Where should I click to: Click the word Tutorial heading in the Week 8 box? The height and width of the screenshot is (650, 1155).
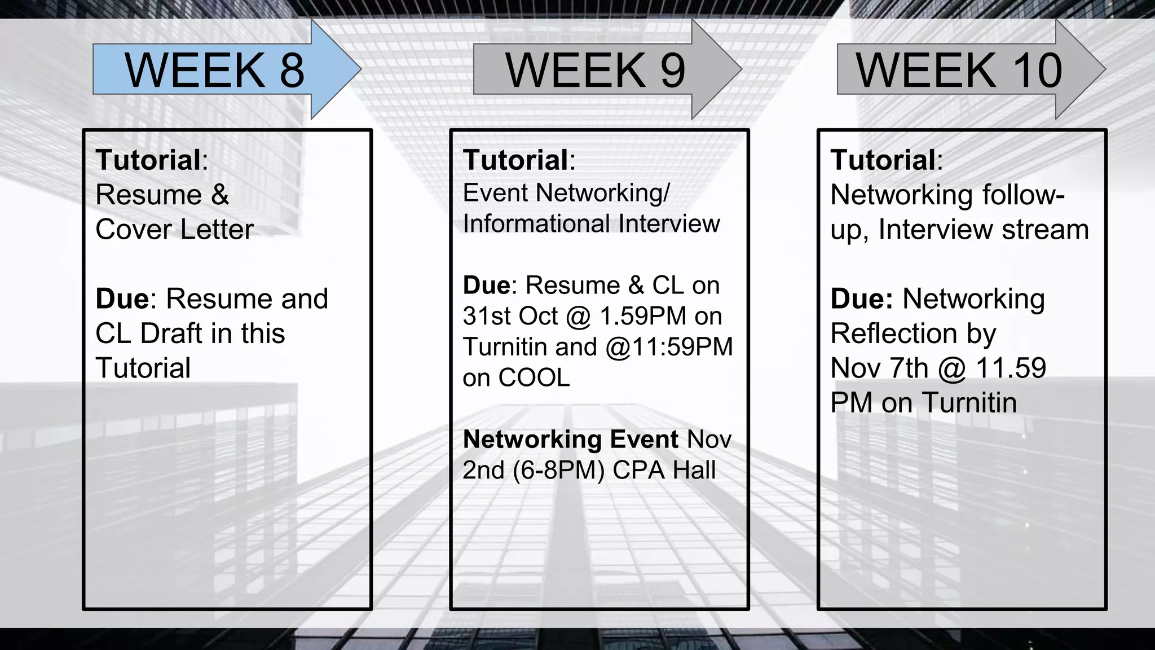point(148,160)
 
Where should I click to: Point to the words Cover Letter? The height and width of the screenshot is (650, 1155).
point(174,230)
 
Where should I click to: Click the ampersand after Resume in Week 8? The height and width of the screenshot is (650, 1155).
point(220,195)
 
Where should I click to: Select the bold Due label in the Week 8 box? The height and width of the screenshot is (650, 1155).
point(122,298)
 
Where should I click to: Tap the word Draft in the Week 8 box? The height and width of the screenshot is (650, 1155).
point(171,333)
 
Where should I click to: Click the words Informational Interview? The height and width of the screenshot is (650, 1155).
point(591,223)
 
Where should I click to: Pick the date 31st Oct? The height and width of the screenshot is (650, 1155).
point(510,316)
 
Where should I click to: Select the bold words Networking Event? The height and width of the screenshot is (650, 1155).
point(570,440)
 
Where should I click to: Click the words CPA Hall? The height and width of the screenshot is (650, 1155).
point(664,470)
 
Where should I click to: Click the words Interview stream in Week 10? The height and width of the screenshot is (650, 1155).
point(984,230)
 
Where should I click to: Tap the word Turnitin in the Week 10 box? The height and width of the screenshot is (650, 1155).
point(969,403)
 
